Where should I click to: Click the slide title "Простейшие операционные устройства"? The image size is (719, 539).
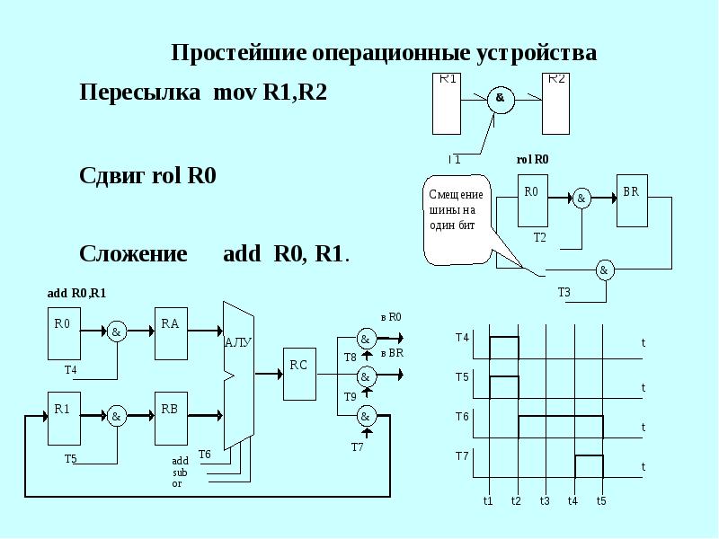pyautogui.click(x=384, y=53)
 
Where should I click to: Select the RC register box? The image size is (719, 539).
pyautogui.click(x=299, y=373)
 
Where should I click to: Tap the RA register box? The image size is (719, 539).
pyautogui.click(x=172, y=331)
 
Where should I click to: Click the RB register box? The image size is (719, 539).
pyautogui.click(x=172, y=417)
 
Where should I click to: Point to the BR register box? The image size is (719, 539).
pyautogui.click(x=633, y=202)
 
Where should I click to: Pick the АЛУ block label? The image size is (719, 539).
pyautogui.click(x=237, y=342)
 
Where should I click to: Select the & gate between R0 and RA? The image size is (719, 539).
pyautogui.click(x=117, y=331)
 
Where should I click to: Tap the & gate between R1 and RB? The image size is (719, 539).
pyautogui.click(x=117, y=417)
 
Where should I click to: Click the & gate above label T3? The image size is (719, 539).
pyautogui.click(x=604, y=269)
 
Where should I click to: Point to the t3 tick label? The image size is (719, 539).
pyautogui.click(x=545, y=500)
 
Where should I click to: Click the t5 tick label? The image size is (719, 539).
pyautogui.click(x=602, y=500)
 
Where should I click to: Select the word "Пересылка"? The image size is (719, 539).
pyautogui.click(x=139, y=93)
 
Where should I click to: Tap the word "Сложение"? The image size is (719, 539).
pyautogui.click(x=133, y=254)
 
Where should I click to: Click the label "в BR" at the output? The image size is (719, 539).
pyautogui.click(x=393, y=353)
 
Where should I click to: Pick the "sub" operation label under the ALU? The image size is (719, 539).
pyautogui.click(x=180, y=472)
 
